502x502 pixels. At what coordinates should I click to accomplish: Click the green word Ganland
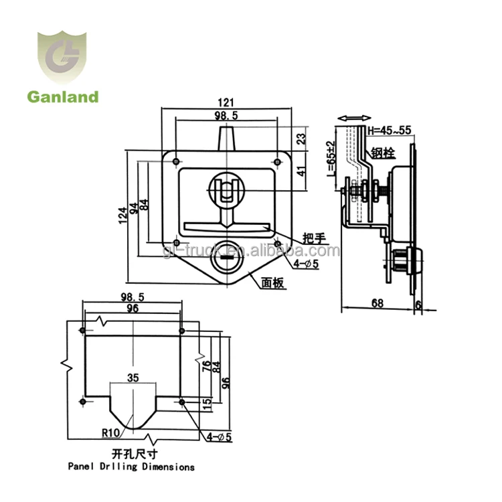point(62,97)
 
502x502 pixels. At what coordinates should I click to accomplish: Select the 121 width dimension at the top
point(226,102)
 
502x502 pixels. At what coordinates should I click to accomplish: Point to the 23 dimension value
point(301,139)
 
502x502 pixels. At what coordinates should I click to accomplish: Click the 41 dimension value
point(301,171)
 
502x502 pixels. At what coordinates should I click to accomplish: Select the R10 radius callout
point(112,433)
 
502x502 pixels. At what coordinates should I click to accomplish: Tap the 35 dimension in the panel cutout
point(133,378)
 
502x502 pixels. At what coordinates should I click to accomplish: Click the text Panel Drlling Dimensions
point(131,467)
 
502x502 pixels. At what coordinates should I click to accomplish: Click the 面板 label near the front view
point(274,284)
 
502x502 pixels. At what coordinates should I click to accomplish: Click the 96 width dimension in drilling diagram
point(132,308)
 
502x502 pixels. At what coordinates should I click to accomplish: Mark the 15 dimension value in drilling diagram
point(207,403)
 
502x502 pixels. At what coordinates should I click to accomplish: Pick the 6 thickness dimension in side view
point(418,305)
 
